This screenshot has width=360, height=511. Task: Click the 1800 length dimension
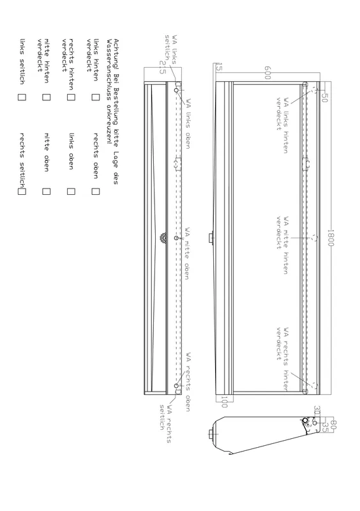coord(331,238)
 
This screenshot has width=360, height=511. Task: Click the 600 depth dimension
coord(267,73)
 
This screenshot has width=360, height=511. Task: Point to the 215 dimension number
coord(162,68)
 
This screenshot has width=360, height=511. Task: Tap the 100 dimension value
coord(225,402)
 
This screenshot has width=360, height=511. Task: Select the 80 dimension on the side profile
coord(333,424)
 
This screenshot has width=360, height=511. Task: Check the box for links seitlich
coord(22,97)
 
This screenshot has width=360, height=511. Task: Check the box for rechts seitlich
coord(22,191)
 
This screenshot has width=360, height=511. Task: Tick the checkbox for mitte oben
coord(46,191)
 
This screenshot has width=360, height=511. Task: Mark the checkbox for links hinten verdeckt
coord(95,97)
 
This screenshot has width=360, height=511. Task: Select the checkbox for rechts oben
coord(95,191)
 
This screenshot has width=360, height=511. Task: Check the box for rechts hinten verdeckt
coord(71,97)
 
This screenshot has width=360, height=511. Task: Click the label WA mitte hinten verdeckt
coord(282,245)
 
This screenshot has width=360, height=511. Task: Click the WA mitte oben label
coord(188,254)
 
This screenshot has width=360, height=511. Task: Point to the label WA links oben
coord(188,124)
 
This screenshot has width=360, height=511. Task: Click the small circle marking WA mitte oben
coord(176,238)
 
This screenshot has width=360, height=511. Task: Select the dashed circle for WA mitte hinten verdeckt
coord(314,238)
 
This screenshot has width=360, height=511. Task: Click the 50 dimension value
coord(324,98)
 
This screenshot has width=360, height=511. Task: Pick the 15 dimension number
coord(219,68)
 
